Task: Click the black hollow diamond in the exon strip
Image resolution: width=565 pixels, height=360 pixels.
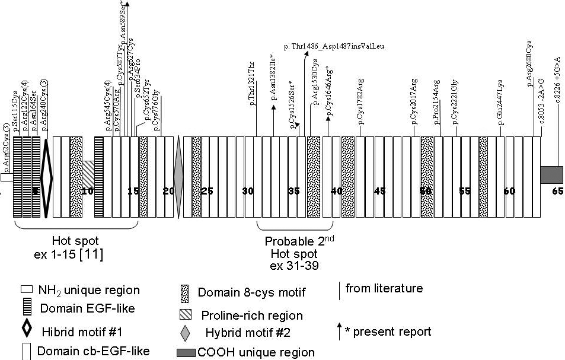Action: click(x=47, y=177)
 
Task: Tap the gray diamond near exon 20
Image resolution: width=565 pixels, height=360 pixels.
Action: click(x=178, y=177)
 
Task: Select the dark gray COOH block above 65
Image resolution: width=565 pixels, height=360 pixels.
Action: click(x=551, y=175)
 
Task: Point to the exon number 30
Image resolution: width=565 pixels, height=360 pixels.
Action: click(x=249, y=191)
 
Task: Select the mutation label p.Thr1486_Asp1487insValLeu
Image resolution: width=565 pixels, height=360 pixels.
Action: click(x=336, y=45)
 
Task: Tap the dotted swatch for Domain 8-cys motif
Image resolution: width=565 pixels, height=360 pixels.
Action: click(x=184, y=293)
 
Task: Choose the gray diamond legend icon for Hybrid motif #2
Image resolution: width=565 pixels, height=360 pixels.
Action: click(x=184, y=332)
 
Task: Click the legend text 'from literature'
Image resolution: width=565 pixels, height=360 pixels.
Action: click(x=384, y=289)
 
